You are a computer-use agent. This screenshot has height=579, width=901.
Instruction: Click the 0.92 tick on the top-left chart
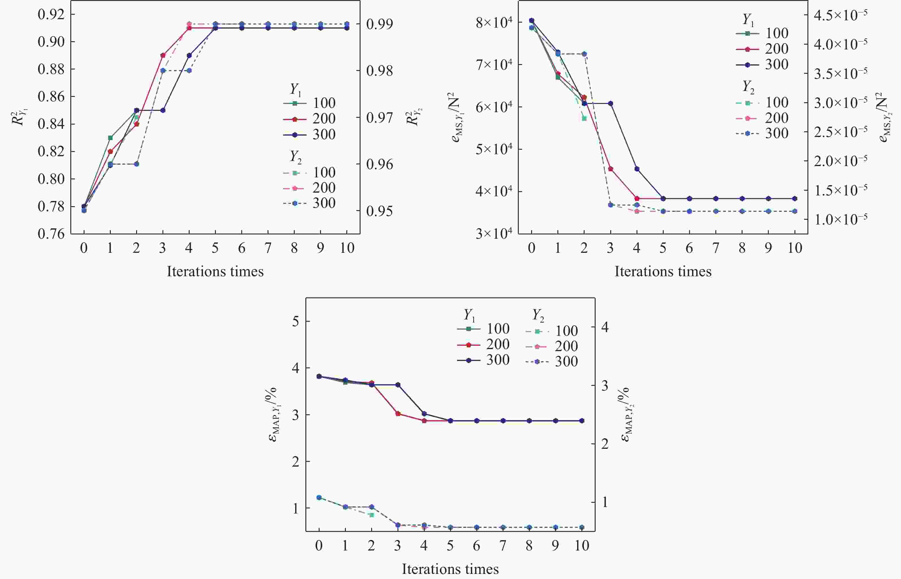[51, 14]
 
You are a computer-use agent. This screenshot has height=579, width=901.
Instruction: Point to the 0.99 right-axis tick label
[379, 24]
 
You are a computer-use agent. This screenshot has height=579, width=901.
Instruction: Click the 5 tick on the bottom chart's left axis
[296, 321]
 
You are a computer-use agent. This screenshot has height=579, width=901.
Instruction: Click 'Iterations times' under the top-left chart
[215, 271]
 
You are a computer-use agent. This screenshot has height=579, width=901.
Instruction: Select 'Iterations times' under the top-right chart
[663, 271]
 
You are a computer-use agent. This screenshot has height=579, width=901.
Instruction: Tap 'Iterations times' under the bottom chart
[450, 569]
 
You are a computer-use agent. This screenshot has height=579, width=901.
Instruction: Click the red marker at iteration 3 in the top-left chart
[163, 55]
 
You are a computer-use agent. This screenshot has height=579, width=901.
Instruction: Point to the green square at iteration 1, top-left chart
[110, 138]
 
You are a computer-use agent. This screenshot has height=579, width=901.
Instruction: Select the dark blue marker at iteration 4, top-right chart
[637, 169]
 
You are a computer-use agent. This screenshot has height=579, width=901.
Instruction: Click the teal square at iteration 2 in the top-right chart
[584, 118]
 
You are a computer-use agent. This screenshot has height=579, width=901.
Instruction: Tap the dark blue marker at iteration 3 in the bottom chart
[398, 385]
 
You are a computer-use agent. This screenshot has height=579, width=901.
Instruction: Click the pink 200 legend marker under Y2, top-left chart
[295, 188]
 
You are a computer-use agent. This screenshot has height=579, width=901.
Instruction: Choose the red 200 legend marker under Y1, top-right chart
[748, 49]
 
